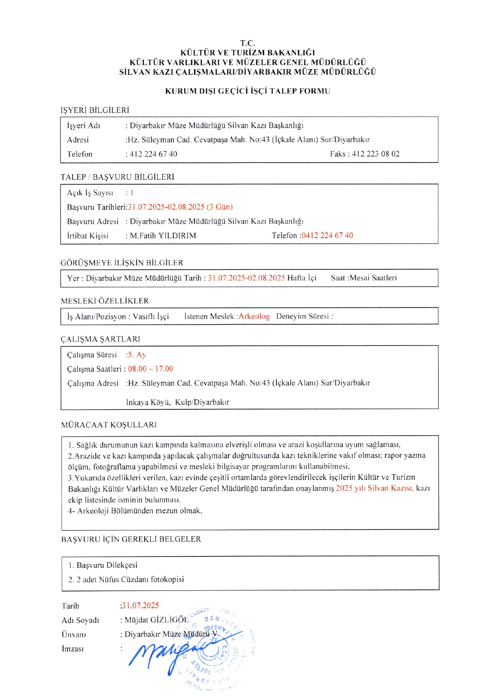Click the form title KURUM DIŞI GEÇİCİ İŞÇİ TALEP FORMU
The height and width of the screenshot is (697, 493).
(x=247, y=91)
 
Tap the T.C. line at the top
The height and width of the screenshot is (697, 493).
(x=247, y=43)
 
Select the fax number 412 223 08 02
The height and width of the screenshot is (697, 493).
(x=375, y=154)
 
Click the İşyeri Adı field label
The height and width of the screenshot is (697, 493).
(x=83, y=126)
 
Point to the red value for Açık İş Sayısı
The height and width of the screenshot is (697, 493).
(x=132, y=193)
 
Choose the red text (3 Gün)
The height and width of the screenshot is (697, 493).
(x=219, y=207)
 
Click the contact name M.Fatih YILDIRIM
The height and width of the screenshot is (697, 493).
(x=163, y=236)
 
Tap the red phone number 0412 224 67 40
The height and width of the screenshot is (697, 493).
(x=327, y=235)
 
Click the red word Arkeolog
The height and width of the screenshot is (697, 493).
(x=254, y=316)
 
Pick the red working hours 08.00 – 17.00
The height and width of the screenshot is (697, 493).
(x=151, y=369)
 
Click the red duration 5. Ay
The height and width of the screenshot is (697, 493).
(x=137, y=355)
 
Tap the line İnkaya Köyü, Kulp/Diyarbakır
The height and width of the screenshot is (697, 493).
(x=177, y=402)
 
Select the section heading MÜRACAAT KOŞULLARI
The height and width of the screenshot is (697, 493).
(x=109, y=425)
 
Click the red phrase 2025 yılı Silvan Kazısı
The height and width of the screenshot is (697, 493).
(x=374, y=488)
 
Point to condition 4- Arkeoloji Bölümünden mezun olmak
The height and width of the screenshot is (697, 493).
(x=135, y=511)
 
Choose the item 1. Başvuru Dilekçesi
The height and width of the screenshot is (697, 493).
(x=103, y=565)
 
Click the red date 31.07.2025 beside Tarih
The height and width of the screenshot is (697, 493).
(x=140, y=606)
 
